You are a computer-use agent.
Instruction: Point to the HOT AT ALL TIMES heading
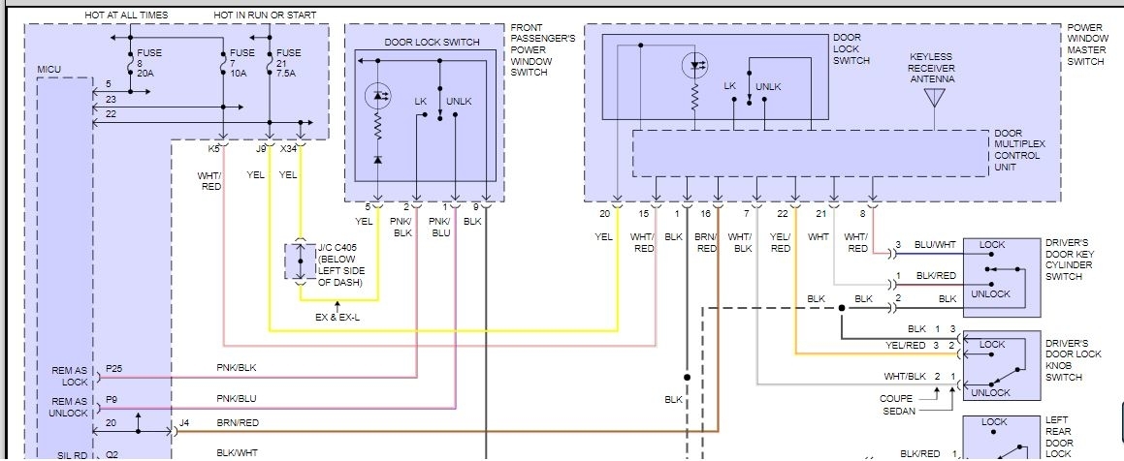click(x=126, y=15)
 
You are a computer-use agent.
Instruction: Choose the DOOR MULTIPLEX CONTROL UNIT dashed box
click(x=810, y=153)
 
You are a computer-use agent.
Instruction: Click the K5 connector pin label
click(x=213, y=149)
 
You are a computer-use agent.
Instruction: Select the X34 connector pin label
click(x=289, y=149)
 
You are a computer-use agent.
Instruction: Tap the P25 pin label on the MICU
click(x=114, y=368)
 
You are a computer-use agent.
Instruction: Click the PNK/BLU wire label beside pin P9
click(x=236, y=399)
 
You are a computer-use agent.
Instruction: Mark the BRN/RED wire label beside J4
click(x=236, y=422)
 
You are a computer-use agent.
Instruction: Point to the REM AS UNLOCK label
click(x=69, y=407)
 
